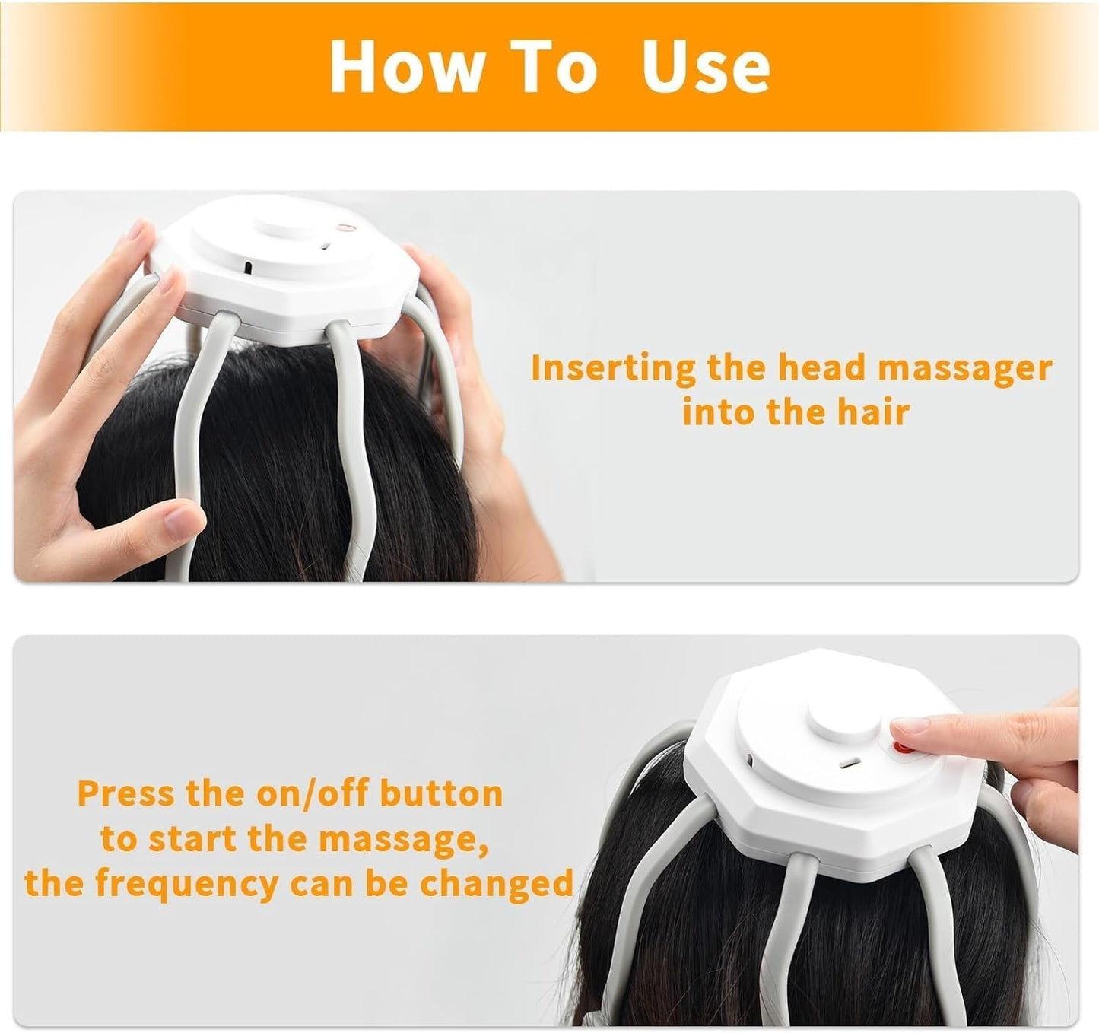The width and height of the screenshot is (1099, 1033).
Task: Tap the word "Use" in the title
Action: [x=706, y=65]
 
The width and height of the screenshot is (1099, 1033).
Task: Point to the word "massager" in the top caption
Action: [x=964, y=369]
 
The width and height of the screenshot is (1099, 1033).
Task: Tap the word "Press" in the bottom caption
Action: [x=126, y=793]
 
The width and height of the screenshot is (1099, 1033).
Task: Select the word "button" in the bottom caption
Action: [x=441, y=793]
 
